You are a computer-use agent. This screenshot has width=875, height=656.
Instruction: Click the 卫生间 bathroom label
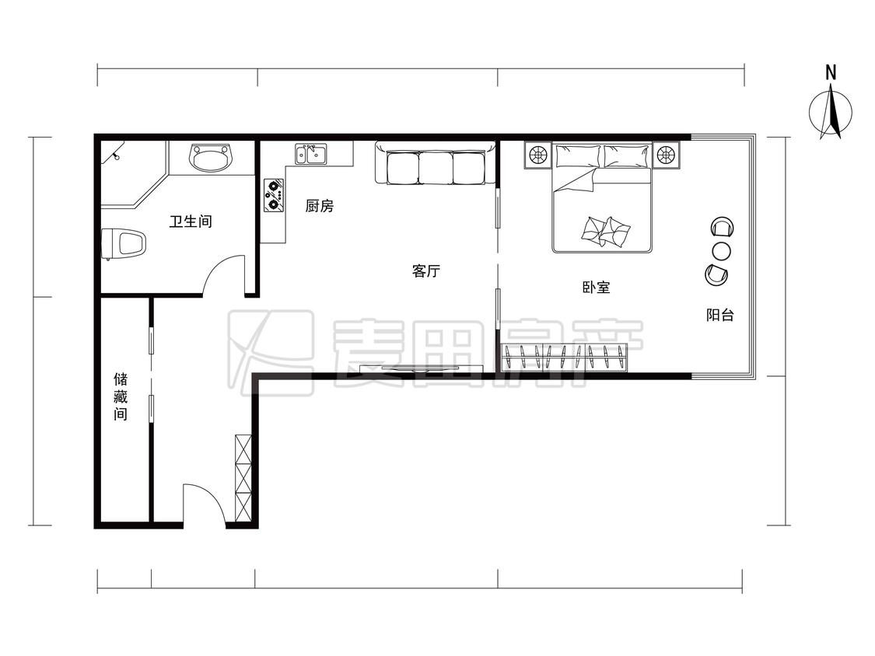(x=191, y=222)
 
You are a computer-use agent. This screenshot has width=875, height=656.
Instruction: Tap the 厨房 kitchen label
(x=320, y=206)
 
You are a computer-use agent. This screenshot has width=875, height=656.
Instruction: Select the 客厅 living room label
(x=425, y=271)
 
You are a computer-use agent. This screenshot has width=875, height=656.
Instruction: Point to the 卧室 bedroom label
(x=596, y=288)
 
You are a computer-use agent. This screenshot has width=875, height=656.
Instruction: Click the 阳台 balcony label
(x=720, y=315)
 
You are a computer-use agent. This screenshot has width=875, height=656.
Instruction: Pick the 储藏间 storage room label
(x=121, y=396)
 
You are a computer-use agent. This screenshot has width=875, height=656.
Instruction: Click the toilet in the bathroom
(x=124, y=244)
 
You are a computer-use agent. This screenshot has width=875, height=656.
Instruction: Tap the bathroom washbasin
(x=211, y=157)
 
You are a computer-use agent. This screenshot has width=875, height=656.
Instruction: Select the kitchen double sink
(x=311, y=154)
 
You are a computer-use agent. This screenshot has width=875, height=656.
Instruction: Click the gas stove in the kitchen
(x=274, y=195)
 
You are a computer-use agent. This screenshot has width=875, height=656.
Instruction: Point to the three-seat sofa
(x=435, y=163)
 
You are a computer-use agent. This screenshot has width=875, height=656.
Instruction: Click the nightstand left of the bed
(x=538, y=155)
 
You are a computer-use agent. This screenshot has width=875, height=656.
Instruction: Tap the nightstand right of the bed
(x=666, y=155)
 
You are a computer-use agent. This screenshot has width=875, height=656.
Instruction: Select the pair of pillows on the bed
(x=605, y=232)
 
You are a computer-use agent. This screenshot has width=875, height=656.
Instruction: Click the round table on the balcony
(x=721, y=251)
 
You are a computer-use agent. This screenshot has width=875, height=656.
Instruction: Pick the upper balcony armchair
(x=723, y=228)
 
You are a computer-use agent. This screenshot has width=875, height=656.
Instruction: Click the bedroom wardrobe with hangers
(x=564, y=358)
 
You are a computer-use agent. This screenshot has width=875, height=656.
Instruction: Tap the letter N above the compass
(x=831, y=72)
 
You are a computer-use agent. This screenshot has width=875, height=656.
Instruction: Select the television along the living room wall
(x=422, y=368)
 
